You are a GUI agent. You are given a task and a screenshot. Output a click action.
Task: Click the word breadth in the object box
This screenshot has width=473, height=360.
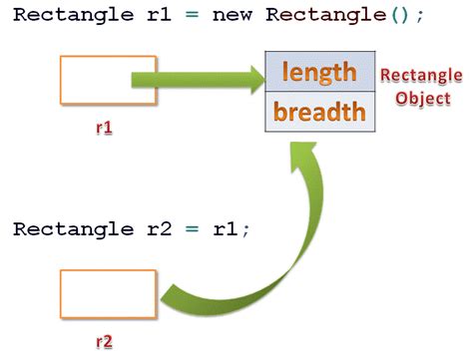click(x=319, y=111)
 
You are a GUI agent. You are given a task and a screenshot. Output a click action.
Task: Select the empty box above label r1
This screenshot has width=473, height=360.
click(x=108, y=80)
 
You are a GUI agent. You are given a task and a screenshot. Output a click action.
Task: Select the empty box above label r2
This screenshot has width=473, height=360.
click(x=108, y=294)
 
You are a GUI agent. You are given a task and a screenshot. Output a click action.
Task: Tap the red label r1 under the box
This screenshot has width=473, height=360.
click(x=104, y=129)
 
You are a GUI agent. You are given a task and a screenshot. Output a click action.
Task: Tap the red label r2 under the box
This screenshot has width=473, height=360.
click(x=104, y=342)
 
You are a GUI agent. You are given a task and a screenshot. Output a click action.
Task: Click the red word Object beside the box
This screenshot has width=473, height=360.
click(x=422, y=99)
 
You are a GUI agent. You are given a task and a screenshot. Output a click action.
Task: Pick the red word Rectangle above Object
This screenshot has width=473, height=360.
click(x=421, y=76)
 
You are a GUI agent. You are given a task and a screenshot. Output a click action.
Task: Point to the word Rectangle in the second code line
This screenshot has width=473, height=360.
click(x=66, y=228)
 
